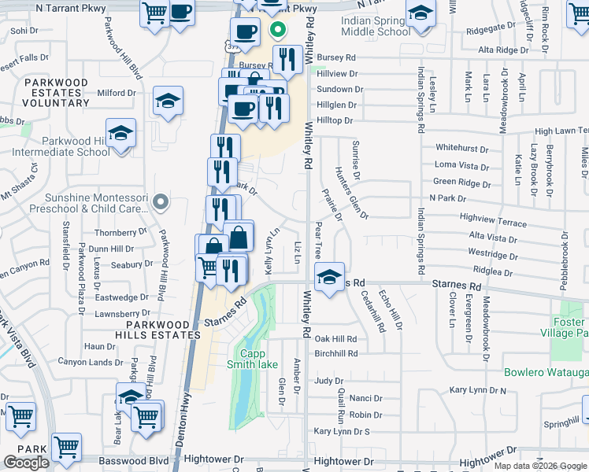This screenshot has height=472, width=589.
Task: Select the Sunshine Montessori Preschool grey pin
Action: [x=161, y=203]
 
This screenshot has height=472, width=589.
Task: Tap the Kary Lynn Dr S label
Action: [x=342, y=431]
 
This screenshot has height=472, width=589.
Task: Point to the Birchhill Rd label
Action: [x=335, y=353]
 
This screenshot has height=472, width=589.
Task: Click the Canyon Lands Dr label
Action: [x=90, y=362]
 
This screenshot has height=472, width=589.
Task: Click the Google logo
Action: [x=26, y=463]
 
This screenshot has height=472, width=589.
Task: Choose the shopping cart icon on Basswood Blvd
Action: [x=67, y=448]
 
